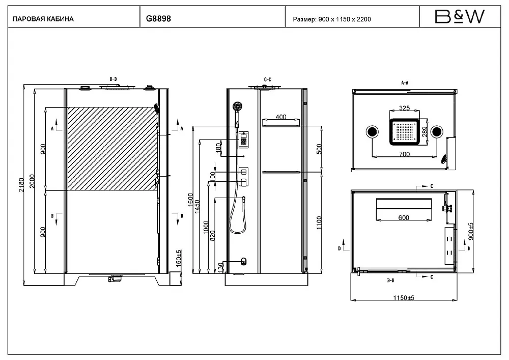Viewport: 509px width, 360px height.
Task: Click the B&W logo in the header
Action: [x=460, y=16]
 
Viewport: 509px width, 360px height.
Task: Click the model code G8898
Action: [x=158, y=18]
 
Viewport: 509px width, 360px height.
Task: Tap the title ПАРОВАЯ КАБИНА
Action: [x=43, y=19]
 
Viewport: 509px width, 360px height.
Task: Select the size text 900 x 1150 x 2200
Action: [x=345, y=19]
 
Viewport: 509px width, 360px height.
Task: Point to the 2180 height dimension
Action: [x=21, y=185]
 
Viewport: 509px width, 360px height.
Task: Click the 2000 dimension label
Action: [x=32, y=181]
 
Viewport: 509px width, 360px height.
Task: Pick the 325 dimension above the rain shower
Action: [x=404, y=108]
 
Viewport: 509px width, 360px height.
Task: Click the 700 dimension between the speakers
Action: [x=404, y=154]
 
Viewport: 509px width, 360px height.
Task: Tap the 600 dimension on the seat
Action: [x=404, y=217]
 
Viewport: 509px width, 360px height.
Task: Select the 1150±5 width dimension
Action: [x=404, y=298]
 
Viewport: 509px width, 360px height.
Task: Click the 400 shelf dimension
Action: [x=281, y=117]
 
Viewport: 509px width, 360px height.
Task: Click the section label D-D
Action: [x=114, y=79]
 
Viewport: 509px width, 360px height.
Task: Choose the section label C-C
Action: [x=268, y=79]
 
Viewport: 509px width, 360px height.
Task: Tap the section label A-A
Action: [x=405, y=83]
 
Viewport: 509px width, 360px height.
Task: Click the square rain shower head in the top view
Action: [x=404, y=131]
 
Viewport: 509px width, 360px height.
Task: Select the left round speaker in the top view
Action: [x=372, y=132]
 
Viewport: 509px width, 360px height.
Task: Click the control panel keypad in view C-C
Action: [x=243, y=140]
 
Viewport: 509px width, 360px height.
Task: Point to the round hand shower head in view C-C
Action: [x=237, y=106]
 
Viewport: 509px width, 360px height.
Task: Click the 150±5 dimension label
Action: [x=179, y=258]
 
